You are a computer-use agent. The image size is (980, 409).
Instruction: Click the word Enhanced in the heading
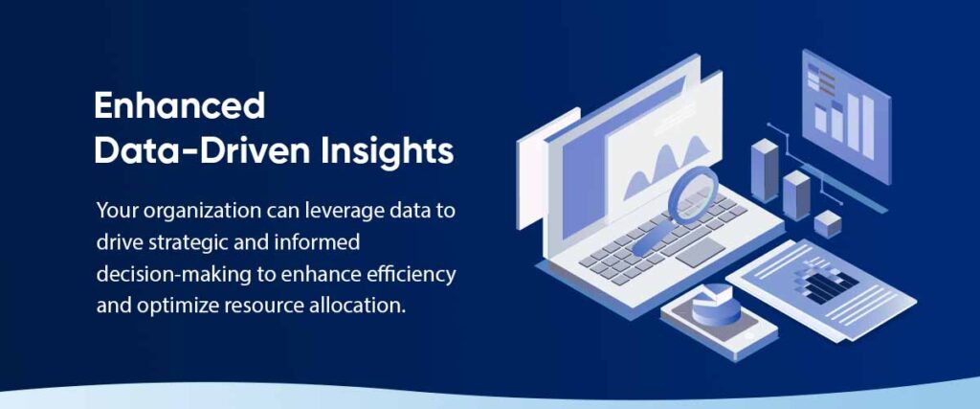[x=179, y=105]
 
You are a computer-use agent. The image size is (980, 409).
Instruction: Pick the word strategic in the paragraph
[x=189, y=242]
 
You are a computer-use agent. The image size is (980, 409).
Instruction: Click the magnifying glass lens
[x=693, y=195]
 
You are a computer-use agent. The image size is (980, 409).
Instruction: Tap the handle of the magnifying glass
[x=651, y=239]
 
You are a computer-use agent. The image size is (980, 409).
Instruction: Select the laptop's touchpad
[x=701, y=253]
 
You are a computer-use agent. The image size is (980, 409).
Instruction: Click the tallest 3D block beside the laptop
[x=765, y=170]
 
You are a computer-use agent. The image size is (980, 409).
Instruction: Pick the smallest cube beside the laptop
[x=828, y=224]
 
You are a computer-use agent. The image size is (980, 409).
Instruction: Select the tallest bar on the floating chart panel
[x=869, y=127]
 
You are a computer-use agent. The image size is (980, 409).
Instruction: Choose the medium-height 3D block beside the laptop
[x=795, y=195]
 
